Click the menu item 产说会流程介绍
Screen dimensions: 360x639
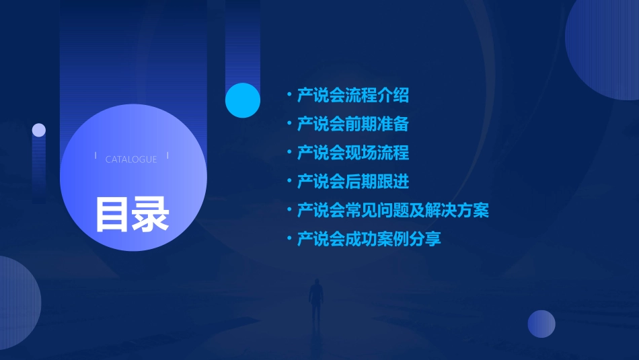tap(352, 96)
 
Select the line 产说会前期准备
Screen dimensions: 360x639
tap(352, 124)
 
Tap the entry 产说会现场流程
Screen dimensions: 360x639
tap(352, 153)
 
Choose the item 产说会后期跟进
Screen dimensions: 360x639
tap(352, 182)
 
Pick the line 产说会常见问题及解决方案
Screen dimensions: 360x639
tap(393, 211)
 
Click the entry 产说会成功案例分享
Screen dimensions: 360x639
tap(369, 239)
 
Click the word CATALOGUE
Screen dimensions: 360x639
tap(131, 159)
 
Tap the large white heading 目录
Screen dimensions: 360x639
tap(132, 214)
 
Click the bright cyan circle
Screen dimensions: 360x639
tap(243, 100)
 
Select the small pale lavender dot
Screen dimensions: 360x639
tap(39, 130)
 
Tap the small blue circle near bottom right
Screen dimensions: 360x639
tap(541, 324)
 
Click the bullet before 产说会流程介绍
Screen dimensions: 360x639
tap(289, 95)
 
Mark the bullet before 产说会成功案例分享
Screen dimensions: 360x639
tap(289, 238)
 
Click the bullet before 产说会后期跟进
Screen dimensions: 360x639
tap(289, 181)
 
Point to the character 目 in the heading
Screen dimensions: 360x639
tap(112, 214)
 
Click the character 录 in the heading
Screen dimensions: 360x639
tap(151, 214)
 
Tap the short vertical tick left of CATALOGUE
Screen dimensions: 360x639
tap(96, 156)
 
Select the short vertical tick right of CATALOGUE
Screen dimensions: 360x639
tap(167, 156)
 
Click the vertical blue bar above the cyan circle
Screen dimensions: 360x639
tap(243, 40)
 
